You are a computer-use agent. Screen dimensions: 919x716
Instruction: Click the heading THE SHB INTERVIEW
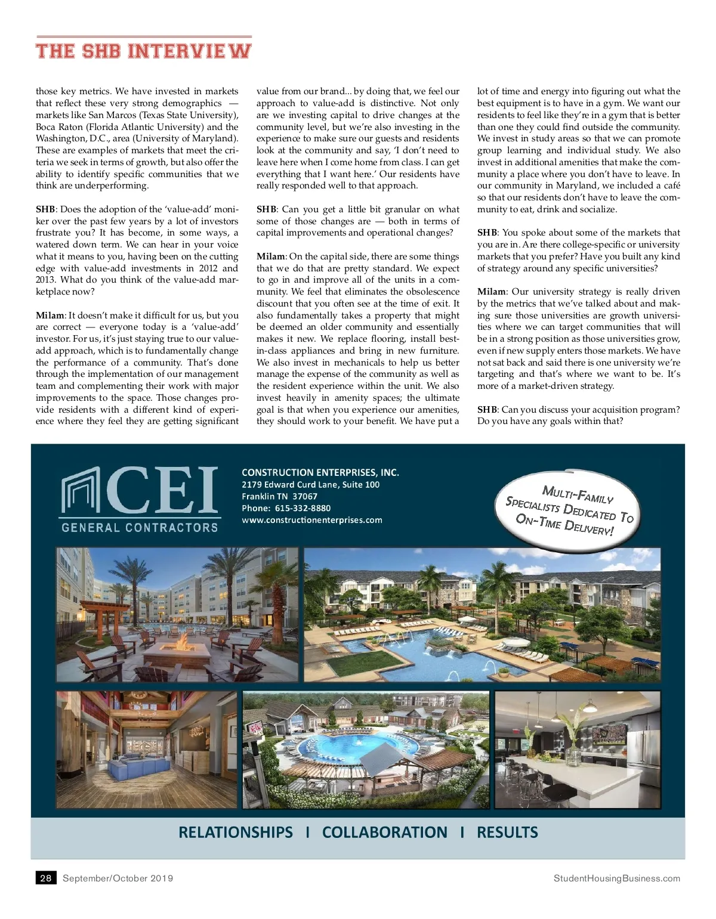point(143,50)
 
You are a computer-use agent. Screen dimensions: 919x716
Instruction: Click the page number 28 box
point(46,878)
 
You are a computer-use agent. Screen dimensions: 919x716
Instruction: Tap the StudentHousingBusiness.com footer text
point(616,878)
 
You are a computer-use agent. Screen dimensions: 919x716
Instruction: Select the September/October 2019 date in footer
point(118,878)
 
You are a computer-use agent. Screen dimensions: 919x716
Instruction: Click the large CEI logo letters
point(162,490)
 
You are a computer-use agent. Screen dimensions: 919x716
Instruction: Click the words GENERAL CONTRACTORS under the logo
point(140,527)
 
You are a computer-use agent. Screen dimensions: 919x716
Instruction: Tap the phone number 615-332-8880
point(303,508)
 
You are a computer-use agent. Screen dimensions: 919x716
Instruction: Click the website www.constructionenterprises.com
point(311,520)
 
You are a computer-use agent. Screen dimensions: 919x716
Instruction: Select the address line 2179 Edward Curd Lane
point(310,484)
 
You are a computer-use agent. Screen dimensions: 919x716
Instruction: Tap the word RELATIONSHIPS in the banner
point(236,833)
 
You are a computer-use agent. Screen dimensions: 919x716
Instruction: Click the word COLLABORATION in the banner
point(384,833)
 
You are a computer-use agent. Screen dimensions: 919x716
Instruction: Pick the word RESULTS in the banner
point(507,833)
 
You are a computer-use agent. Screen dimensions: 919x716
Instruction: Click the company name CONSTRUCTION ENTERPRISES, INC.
point(320,472)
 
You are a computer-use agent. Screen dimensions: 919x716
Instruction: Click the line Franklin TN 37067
point(279,496)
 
